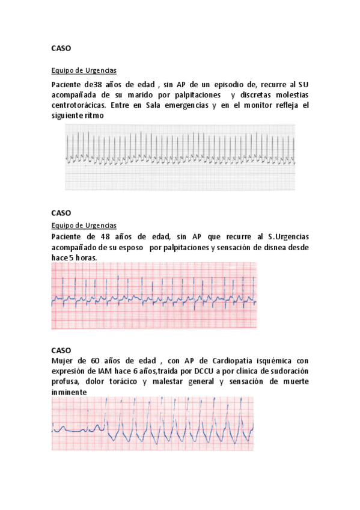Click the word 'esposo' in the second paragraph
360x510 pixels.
pyautogui.click(x=127, y=247)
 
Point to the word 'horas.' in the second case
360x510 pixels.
pyautogui.click(x=85, y=257)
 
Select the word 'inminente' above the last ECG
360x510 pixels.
pyautogui.click(x=69, y=392)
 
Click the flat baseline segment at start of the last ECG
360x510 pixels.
pyautogui.click(x=78, y=430)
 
